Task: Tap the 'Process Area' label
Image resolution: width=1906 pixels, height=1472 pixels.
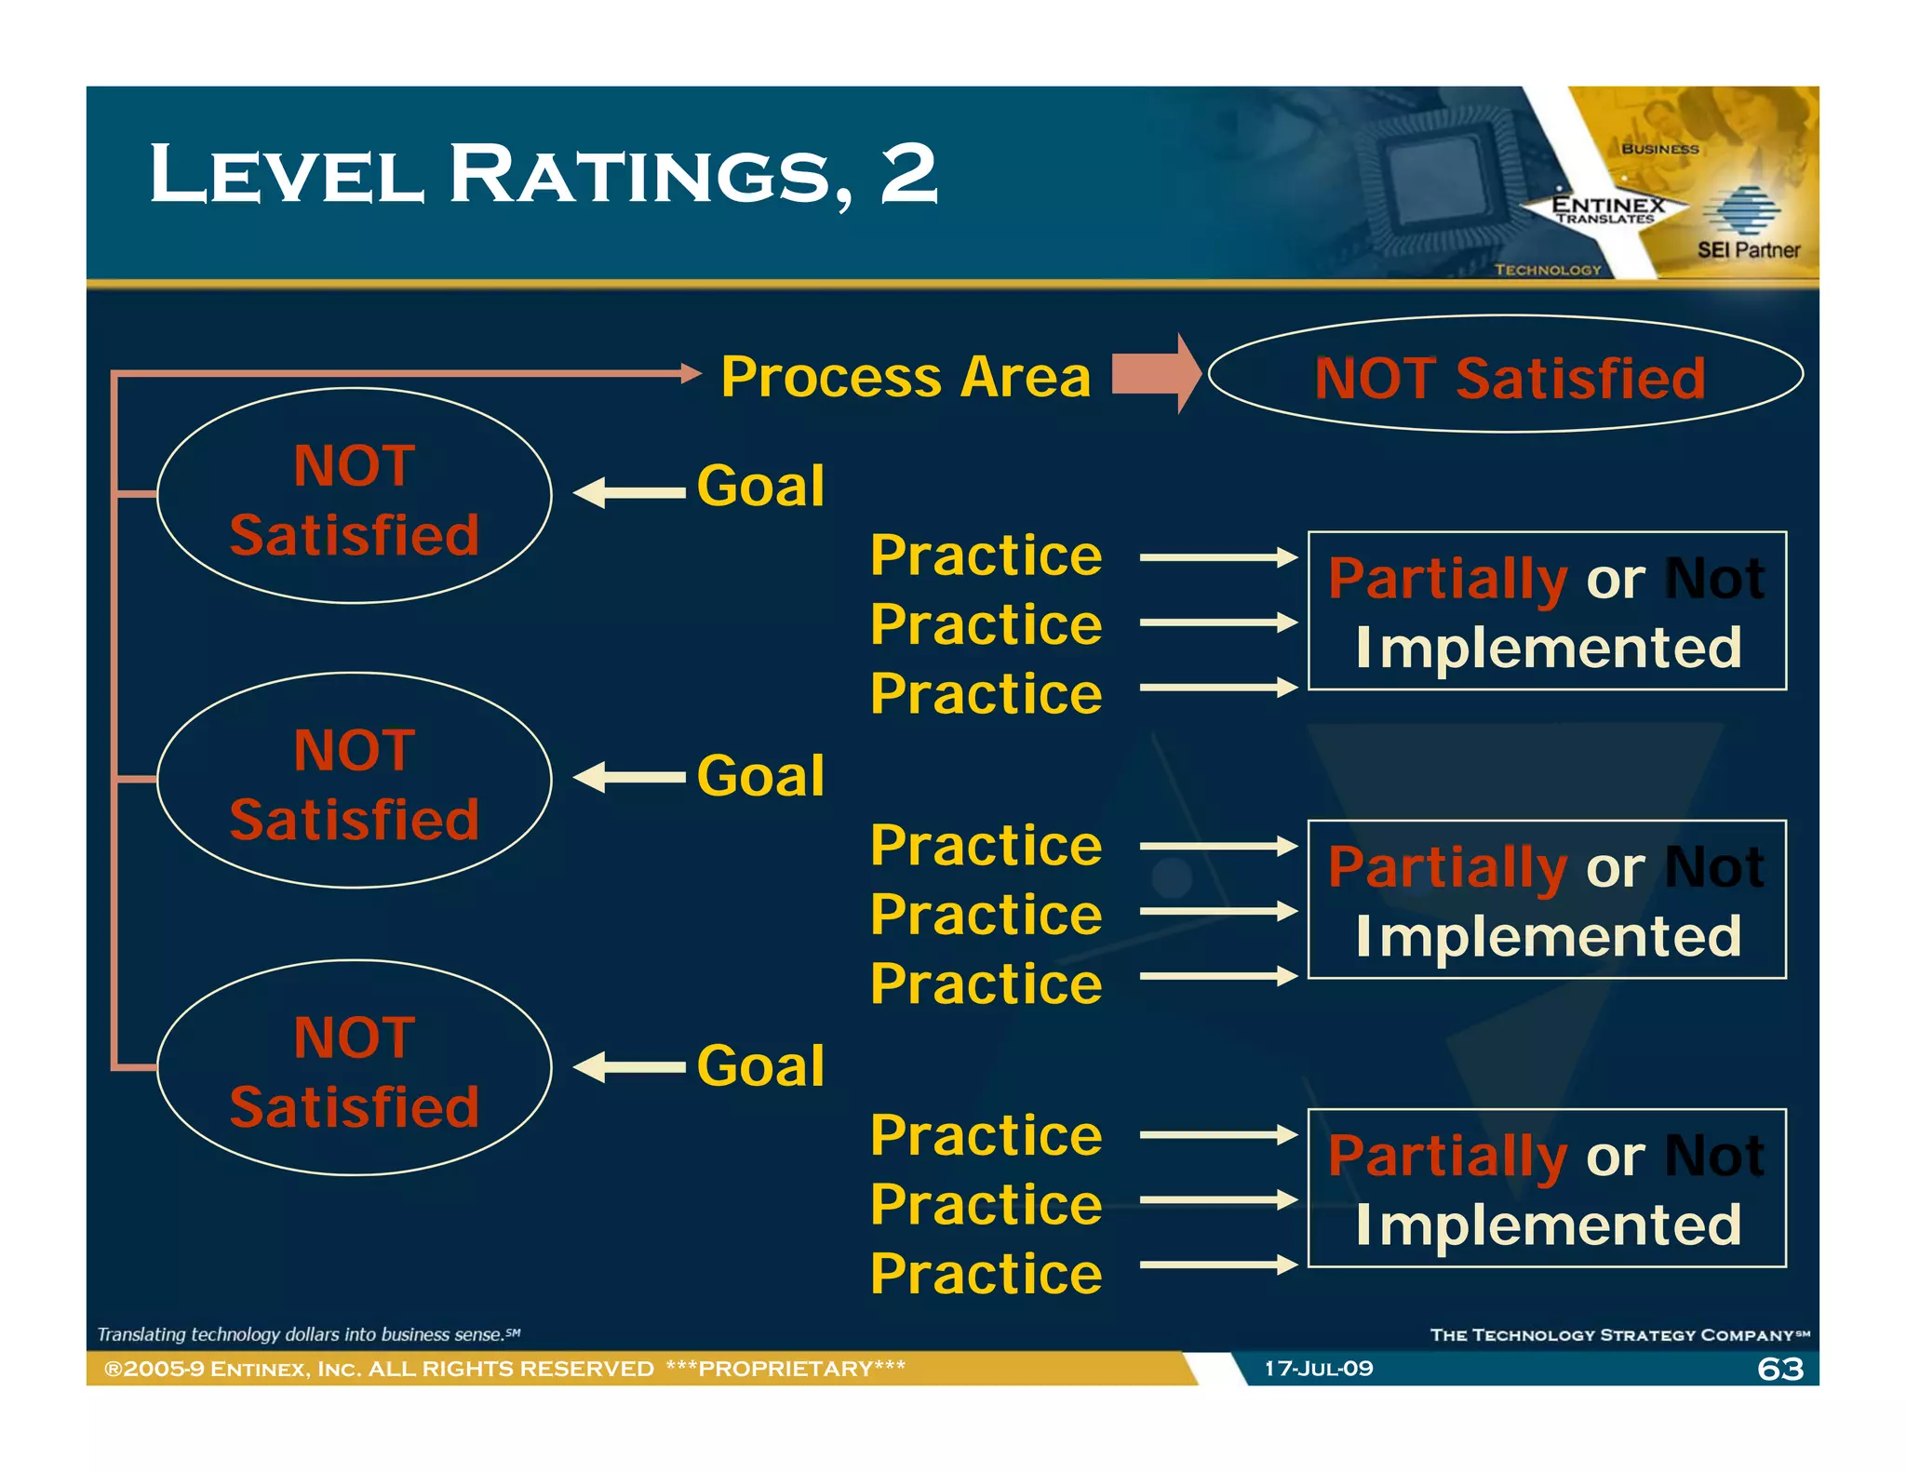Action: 905,377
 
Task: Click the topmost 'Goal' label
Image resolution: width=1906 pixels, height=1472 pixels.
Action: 760,486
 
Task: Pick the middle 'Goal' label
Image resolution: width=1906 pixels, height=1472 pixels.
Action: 760,776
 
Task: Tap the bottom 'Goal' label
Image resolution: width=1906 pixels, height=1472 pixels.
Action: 760,1065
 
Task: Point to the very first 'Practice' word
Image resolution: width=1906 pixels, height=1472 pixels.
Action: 986,555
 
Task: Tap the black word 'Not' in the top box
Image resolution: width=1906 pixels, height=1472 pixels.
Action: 1714,579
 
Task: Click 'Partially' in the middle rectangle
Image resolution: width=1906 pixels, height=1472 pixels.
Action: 1448,869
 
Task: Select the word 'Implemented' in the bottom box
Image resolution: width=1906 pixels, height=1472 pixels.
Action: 1548,1224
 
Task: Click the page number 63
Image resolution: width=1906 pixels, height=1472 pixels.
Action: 1780,1369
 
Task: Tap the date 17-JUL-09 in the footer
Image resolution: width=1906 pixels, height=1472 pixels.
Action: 1319,1369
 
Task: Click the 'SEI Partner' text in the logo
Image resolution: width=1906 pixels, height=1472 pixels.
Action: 1748,249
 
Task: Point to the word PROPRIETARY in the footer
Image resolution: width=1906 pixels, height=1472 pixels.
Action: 786,1369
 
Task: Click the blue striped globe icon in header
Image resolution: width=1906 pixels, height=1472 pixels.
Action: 1740,210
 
